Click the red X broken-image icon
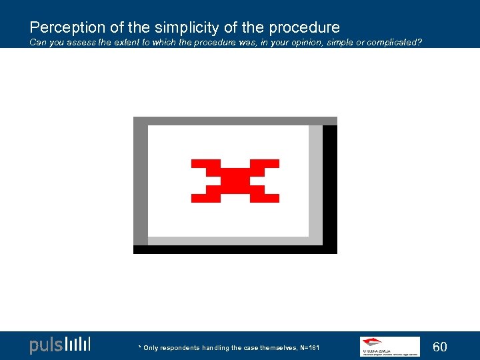point(235,180)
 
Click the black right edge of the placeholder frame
point(330,187)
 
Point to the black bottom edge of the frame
point(233,249)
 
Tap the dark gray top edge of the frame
point(233,121)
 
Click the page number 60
point(440,347)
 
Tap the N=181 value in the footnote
point(309,348)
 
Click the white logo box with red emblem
point(389,346)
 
